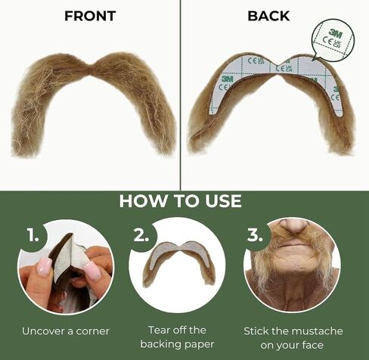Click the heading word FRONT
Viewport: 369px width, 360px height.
click(90, 16)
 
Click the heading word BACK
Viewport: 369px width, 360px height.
click(268, 16)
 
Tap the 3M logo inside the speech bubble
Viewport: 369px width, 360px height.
click(335, 33)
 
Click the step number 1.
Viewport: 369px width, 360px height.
click(33, 235)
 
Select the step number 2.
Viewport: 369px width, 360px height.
click(141, 235)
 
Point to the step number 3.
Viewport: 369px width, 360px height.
click(255, 235)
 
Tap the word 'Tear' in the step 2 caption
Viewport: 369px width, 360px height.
click(158, 330)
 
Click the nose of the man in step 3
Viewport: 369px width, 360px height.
click(293, 226)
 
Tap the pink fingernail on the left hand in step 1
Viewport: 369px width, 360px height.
click(44, 266)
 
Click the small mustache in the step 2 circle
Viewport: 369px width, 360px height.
click(178, 262)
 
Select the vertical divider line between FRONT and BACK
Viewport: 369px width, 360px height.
click(181, 95)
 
